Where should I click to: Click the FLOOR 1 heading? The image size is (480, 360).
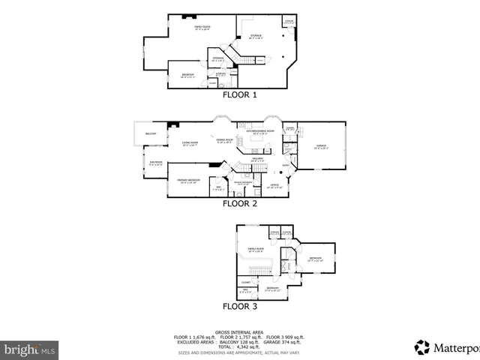pyautogui.click(x=239, y=95)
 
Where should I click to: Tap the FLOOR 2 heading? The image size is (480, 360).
pyautogui.click(x=239, y=202)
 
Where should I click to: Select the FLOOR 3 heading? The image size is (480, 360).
pyautogui.click(x=239, y=306)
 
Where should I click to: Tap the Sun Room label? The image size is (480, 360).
pyautogui.click(x=155, y=162)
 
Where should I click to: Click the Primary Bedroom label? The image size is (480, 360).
pyautogui.click(x=188, y=181)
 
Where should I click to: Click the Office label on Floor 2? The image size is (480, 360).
pyautogui.click(x=274, y=184)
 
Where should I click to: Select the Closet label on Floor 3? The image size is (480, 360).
pyautogui.click(x=245, y=282)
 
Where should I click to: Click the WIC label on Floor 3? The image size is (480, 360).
pyautogui.click(x=245, y=291)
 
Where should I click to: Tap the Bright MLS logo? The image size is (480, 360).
pyautogui.click(x=29, y=349)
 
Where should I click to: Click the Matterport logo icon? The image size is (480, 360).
pyautogui.click(x=422, y=346)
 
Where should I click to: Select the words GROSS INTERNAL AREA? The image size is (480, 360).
pyautogui.click(x=239, y=331)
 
